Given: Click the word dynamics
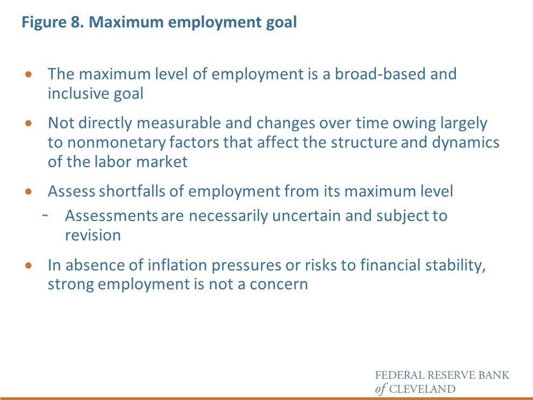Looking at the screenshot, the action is (x=466, y=143).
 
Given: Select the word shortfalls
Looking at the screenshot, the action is (x=132, y=191).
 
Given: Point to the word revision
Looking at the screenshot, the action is (x=93, y=235).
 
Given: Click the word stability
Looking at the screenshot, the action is (x=455, y=265).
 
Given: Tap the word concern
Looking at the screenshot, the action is (x=279, y=284).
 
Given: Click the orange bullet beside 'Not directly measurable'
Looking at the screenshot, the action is (x=29, y=123).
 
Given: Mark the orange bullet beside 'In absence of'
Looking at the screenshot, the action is (x=29, y=265).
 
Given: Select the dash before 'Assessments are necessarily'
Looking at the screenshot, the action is (x=45, y=215).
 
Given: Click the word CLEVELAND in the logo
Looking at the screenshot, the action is (x=422, y=389).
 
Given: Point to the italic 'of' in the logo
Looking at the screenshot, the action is (x=381, y=389).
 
